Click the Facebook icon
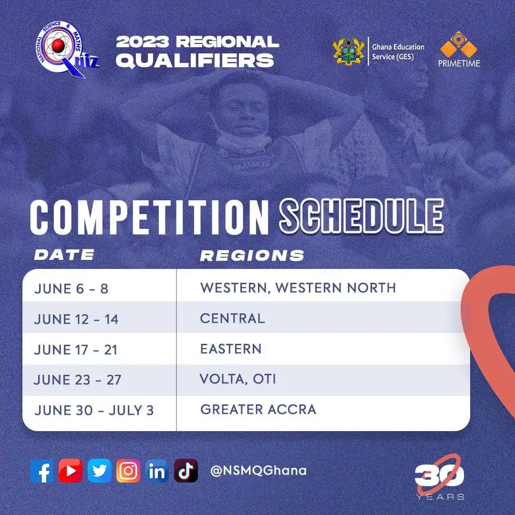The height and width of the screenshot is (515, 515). pyautogui.click(x=42, y=471)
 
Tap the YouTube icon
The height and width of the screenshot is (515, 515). pyautogui.click(x=71, y=471)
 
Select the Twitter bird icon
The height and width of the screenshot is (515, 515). pyautogui.click(x=99, y=471)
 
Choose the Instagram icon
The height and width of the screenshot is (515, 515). pyautogui.click(x=128, y=471)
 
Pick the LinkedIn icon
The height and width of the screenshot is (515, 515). pyautogui.click(x=157, y=471)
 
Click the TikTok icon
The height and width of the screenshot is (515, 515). pyautogui.click(x=185, y=471)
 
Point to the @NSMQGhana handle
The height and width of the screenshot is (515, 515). pyautogui.click(x=258, y=471)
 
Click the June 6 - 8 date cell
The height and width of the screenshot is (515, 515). pyautogui.click(x=71, y=289)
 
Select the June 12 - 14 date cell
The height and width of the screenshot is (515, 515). pyautogui.click(x=76, y=319)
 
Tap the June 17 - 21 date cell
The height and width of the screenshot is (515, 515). pyautogui.click(x=76, y=350)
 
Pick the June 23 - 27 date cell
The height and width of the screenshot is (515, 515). pyautogui.click(x=78, y=380)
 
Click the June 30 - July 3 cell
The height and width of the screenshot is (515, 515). pyautogui.click(x=94, y=410)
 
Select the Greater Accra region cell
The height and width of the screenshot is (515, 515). pyautogui.click(x=258, y=410)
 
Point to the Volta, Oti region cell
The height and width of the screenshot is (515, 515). pyautogui.click(x=238, y=380)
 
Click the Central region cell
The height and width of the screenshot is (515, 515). pyautogui.click(x=232, y=319)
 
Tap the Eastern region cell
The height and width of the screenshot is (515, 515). pyautogui.click(x=231, y=349)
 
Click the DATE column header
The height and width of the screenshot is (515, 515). pyautogui.click(x=64, y=255)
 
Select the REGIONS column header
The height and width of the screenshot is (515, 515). pyautogui.click(x=252, y=256)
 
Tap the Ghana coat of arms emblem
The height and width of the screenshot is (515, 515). pyautogui.click(x=349, y=51)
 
